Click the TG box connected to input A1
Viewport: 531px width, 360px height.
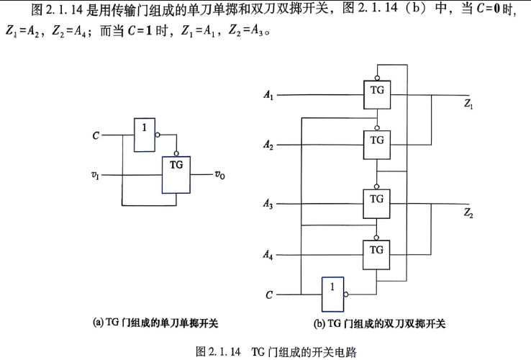377,94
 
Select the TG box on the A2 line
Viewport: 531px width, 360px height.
376,145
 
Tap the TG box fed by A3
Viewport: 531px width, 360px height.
376,203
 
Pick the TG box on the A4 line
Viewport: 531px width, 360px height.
376,255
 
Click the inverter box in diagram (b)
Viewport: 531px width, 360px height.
332,294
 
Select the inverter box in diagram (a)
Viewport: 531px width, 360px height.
145,135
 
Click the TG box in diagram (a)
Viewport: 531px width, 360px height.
176,175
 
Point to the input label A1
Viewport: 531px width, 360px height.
268,94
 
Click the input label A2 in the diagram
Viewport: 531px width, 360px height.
268,145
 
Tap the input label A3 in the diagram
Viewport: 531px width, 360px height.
268,203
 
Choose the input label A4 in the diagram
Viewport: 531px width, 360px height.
268,254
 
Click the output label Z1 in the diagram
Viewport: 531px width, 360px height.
468,104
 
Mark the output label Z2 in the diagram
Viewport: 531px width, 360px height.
468,213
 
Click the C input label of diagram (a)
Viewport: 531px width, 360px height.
96,135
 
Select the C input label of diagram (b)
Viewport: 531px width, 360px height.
269,295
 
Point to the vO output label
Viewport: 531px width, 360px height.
219,174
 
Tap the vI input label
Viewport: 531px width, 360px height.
95,175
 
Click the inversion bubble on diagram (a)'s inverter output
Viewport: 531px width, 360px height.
158,135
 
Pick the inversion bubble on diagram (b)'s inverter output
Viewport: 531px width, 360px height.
346,294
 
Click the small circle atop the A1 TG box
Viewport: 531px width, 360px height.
377,78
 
